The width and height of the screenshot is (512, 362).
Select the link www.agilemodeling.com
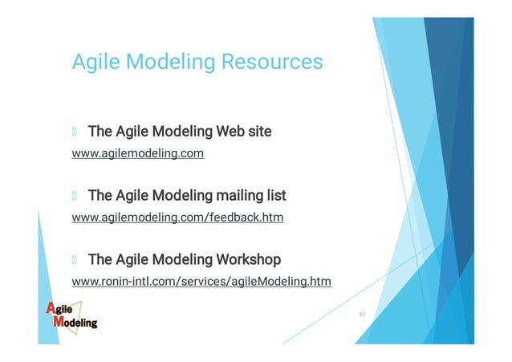pyautogui.click(x=137, y=153)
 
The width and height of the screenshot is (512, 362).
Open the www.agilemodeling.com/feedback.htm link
pyautogui.click(x=177, y=218)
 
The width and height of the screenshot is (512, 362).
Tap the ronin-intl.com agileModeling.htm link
pyautogui.click(x=201, y=282)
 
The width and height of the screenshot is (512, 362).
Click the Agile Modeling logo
pyautogui.click(x=71, y=315)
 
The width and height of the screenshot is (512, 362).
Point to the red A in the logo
pyautogui.click(x=50, y=308)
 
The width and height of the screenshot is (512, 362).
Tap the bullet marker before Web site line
pyautogui.click(x=75, y=131)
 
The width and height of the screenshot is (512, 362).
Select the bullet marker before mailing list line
pyautogui.click(x=75, y=196)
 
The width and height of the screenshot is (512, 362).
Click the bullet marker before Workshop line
pyautogui.click(x=75, y=260)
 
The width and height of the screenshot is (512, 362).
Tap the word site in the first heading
pyautogui.click(x=259, y=131)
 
